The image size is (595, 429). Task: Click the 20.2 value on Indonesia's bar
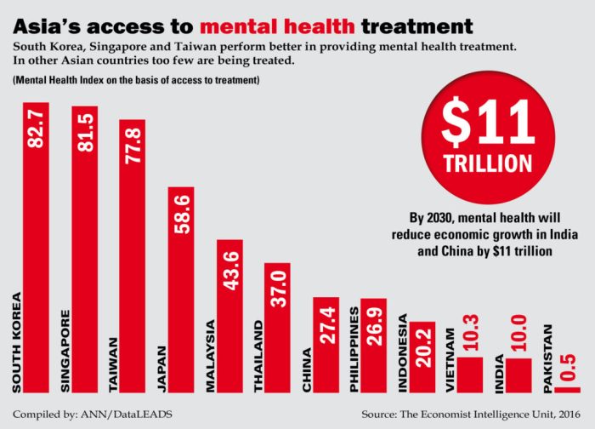(422, 346)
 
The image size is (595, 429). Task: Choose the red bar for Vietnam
(470, 375)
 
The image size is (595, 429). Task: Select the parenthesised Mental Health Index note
(136, 80)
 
